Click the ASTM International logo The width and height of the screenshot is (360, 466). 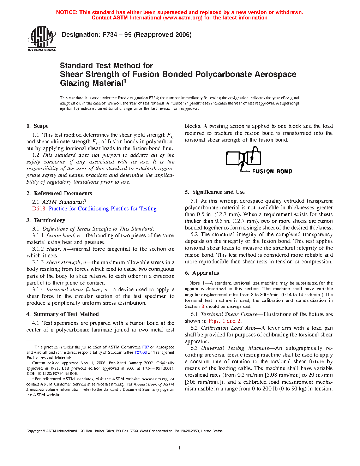click(x=42, y=39)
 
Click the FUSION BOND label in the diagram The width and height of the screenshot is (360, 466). click(x=272, y=172)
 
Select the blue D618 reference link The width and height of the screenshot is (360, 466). click(x=39, y=209)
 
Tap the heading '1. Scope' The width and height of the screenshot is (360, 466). click(x=37, y=126)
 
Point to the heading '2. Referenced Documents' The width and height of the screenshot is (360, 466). click(x=59, y=193)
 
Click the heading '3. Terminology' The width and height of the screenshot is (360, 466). click(x=46, y=220)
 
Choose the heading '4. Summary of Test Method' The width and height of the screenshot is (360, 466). click(x=62, y=314)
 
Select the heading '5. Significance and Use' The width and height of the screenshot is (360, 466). click(x=215, y=192)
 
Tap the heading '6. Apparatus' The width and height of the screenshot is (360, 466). click(x=202, y=273)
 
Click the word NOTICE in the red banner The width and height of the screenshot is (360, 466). click(x=67, y=12)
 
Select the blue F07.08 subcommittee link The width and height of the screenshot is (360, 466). click(x=140, y=352)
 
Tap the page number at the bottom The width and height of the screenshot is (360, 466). click(x=180, y=448)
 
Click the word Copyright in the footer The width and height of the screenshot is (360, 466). click(x=34, y=431)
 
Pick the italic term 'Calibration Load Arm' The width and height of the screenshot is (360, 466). click(x=228, y=328)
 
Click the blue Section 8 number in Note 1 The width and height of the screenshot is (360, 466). click(x=203, y=306)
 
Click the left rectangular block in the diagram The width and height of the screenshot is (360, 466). click(x=233, y=159)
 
